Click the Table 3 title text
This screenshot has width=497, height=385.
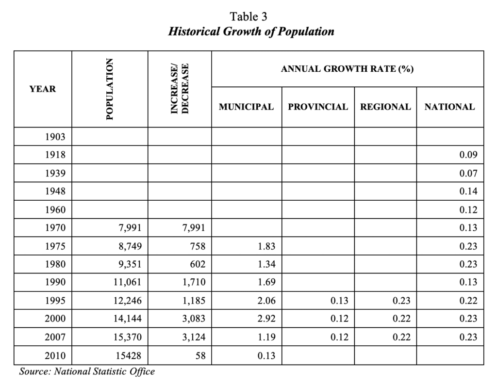tap(248, 16)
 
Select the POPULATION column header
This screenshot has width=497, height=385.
tap(109, 89)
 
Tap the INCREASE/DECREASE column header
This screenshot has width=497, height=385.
tap(179, 89)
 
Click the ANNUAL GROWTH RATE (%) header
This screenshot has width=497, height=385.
tap(347, 69)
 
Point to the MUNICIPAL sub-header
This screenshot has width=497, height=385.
tap(246, 107)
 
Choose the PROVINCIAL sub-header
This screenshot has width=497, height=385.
tap(318, 107)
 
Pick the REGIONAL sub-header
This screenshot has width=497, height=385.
tap(385, 107)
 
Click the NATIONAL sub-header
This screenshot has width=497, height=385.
tap(449, 107)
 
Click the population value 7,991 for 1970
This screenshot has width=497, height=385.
tap(129, 228)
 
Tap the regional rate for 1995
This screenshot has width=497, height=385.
tap(401, 301)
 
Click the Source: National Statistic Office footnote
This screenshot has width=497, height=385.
tap(87, 372)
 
